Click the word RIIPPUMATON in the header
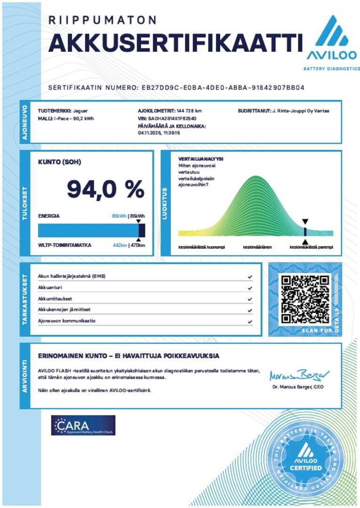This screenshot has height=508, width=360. (103, 20)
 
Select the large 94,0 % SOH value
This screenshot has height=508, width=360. (105, 189)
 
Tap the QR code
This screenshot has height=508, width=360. (304, 299)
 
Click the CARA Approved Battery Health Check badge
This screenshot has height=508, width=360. (83, 425)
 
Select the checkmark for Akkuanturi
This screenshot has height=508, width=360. (250, 288)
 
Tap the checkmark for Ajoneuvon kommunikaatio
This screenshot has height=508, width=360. (250, 322)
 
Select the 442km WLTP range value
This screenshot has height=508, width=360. (120, 245)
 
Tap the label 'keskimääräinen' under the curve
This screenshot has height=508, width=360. (257, 246)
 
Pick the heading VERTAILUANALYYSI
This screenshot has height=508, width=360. (200, 159)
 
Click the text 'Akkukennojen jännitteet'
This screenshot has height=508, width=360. (64, 310)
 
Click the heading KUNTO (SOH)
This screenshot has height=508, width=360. (59, 162)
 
